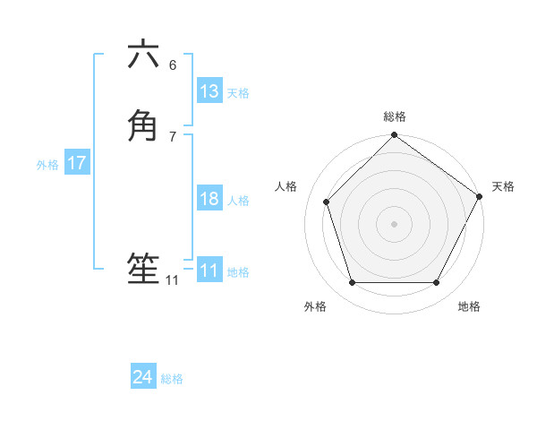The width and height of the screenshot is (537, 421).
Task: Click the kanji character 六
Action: click(143, 55)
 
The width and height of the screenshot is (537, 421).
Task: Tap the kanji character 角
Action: click(143, 125)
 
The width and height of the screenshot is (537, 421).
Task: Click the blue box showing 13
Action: click(209, 91)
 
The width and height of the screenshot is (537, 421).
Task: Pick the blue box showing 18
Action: click(209, 199)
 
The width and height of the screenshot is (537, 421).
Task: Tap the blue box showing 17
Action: click(77, 163)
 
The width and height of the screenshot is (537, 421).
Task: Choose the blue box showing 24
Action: click(143, 377)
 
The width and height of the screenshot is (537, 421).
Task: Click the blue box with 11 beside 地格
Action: click(209, 271)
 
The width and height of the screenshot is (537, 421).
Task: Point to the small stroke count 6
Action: click(173, 64)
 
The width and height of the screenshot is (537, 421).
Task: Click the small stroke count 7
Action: click(173, 136)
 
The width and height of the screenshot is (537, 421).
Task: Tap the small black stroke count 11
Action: click(172, 280)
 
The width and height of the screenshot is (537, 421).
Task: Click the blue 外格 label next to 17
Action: click(47, 165)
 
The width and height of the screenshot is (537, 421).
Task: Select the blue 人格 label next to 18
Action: click(238, 201)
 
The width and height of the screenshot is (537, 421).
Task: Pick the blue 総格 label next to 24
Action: click(172, 379)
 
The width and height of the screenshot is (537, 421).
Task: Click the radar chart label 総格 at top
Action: click(394, 116)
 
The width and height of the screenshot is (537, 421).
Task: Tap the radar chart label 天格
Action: click(503, 186)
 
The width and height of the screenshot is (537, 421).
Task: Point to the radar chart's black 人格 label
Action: click(286, 186)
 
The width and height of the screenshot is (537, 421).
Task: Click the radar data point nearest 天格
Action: click(479, 196)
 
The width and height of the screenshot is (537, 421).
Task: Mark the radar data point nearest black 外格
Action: click(352, 283)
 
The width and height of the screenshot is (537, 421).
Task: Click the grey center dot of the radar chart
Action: click(394, 223)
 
